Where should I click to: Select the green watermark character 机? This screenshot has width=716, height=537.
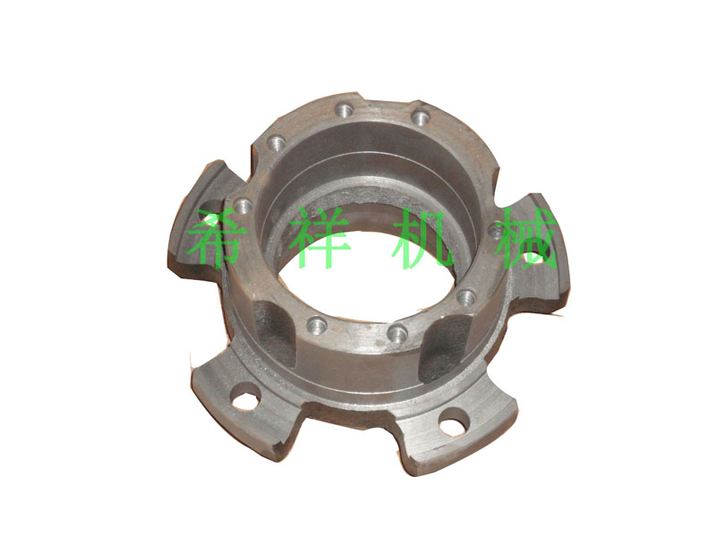(x=424, y=238)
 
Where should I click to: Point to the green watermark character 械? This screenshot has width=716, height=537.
(x=526, y=238)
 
